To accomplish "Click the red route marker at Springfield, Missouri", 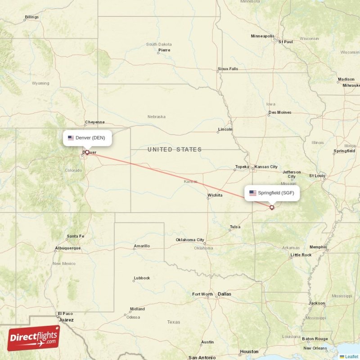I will point(272,207).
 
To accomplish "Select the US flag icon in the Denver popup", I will point(71,138).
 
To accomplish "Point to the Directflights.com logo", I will point(33,338).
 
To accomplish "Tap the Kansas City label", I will point(266,167).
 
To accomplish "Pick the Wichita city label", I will point(215,195).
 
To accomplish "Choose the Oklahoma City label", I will point(190,240).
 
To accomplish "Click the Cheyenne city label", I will point(94,122).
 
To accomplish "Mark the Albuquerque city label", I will point(67,248).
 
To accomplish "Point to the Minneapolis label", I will point(262,36).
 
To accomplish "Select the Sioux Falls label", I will point(228,69).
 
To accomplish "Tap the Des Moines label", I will point(279,112).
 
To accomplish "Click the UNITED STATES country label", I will point(175,149).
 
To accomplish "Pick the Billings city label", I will point(31,17).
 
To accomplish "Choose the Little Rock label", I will point(301,255).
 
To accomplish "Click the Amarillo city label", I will point(142,246).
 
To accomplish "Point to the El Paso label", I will point(65,314).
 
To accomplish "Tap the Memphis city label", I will point(318,247).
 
